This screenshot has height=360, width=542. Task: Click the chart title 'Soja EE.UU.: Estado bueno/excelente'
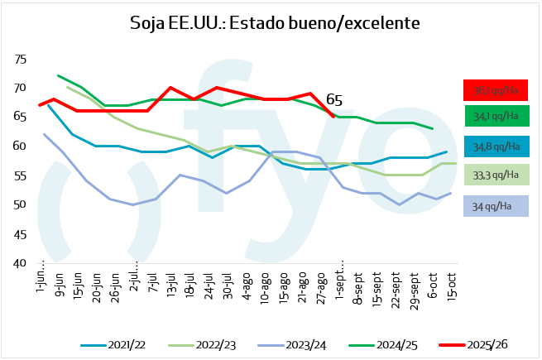pyautogui.click(x=275, y=23)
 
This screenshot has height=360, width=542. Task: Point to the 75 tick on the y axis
pyautogui.click(x=21, y=60)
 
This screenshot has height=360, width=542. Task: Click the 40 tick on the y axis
pyautogui.click(x=21, y=263)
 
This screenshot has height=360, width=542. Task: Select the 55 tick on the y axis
pyautogui.click(x=21, y=175)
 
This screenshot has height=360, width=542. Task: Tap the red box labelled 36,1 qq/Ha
pyautogui.click(x=495, y=89)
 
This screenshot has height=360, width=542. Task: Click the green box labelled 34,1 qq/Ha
pyautogui.click(x=495, y=115)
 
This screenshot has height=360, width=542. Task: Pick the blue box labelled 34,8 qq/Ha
pyautogui.click(x=495, y=146)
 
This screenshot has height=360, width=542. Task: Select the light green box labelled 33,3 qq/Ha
pyautogui.click(x=495, y=175)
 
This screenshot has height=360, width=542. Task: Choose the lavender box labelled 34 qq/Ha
pyautogui.click(x=495, y=204)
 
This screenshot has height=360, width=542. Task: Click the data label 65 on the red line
pyautogui.click(x=334, y=100)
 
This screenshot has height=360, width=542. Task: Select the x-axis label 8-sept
pyautogui.click(x=358, y=283)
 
